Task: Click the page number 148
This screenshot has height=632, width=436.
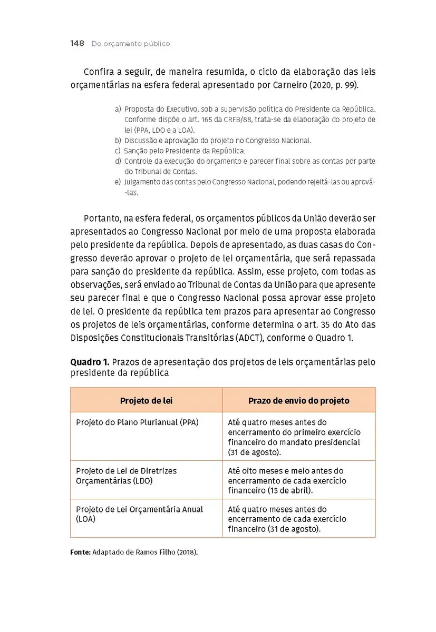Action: [77, 44]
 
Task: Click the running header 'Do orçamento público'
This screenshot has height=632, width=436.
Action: [130, 44]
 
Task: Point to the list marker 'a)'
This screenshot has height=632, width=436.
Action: [118, 109]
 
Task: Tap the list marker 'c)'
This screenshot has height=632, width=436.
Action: [118, 151]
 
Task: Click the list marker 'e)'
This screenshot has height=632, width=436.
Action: [118, 182]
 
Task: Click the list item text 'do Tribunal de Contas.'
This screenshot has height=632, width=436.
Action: [161, 172]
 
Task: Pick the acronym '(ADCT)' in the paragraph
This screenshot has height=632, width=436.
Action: [249, 338]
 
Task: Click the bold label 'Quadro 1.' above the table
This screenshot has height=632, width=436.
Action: [90, 363]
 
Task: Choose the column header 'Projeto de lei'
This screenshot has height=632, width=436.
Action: [146, 401]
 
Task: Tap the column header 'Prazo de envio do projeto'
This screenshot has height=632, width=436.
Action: [298, 401]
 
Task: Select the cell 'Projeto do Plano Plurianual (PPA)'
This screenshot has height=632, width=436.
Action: [137, 422]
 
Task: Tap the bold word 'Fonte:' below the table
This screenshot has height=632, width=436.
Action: [80, 552]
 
